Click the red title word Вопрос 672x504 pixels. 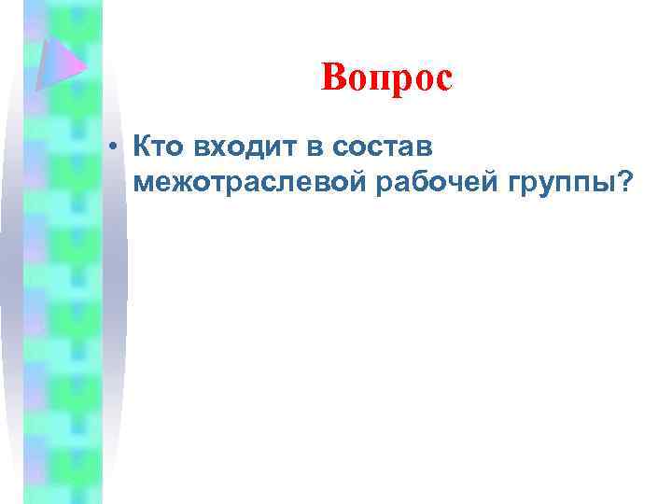click(x=386, y=78)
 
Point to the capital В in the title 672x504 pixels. click(x=332, y=78)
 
